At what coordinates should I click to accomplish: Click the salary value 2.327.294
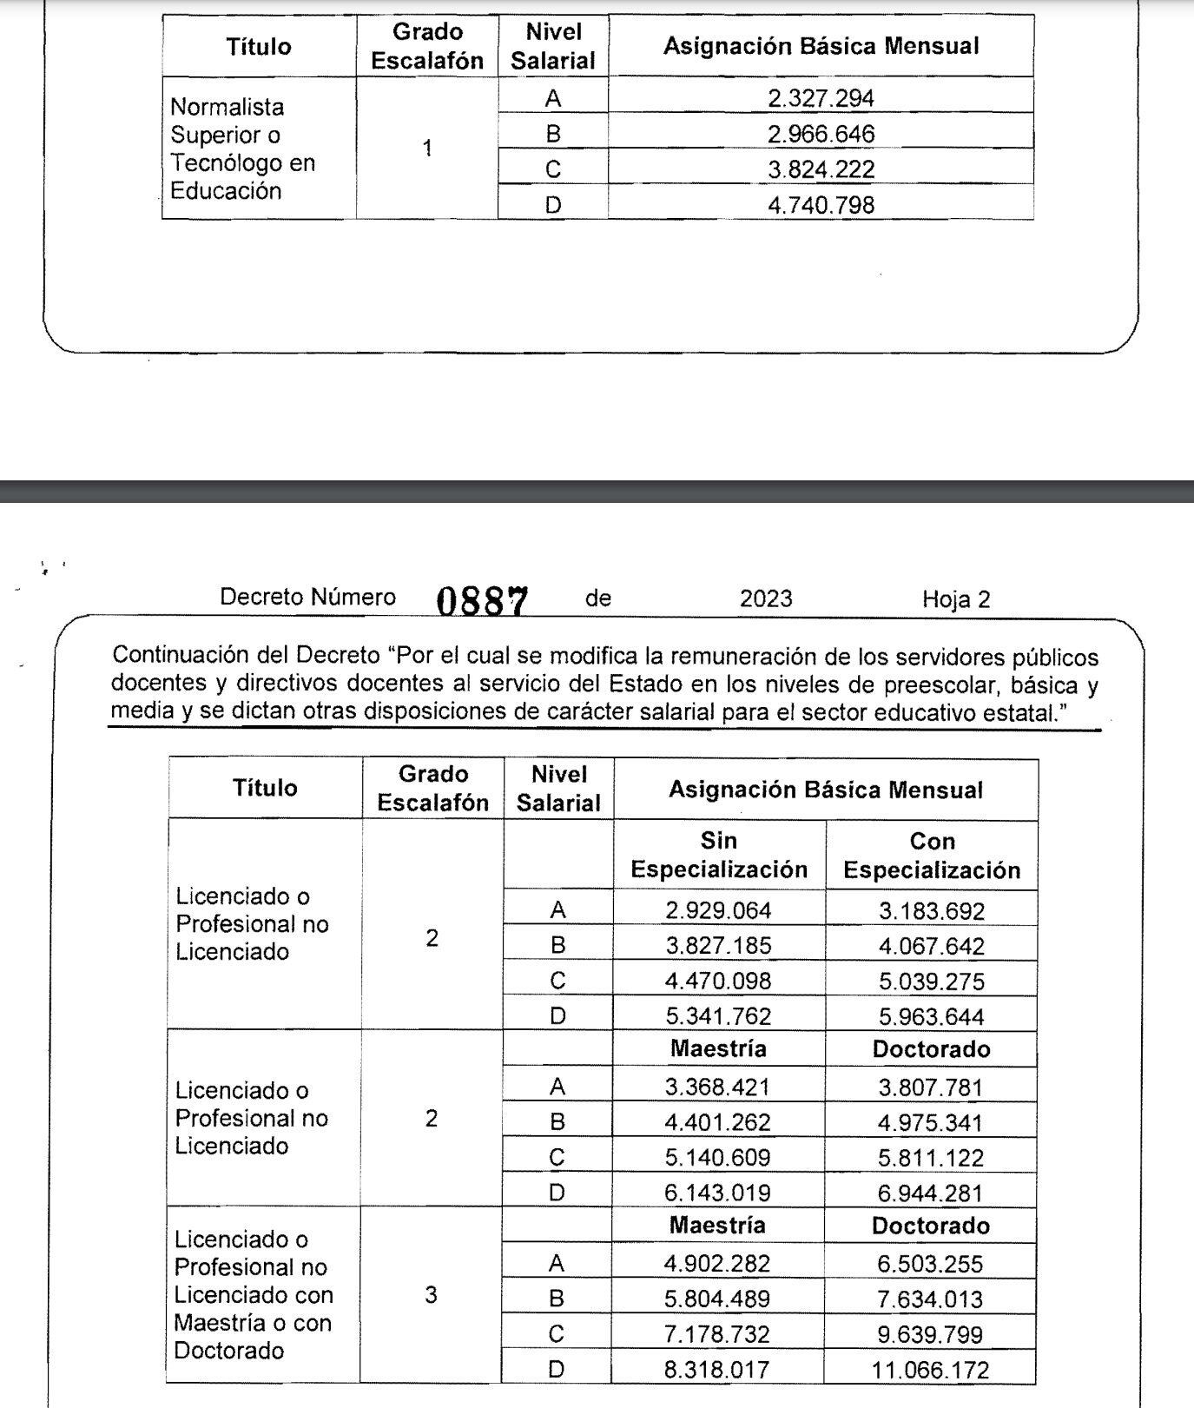821,97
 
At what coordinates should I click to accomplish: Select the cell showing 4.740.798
821,205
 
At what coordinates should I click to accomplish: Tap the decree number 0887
482,599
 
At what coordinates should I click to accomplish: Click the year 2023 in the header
766,598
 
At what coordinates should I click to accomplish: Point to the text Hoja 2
956,599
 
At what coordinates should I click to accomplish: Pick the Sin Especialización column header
719,856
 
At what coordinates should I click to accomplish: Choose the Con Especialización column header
932,856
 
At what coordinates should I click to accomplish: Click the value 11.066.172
931,1371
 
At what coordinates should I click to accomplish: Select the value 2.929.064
718,910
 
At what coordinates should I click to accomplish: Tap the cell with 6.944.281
931,1193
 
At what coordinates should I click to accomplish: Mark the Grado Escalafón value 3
431,1295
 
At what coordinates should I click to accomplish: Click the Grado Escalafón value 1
427,149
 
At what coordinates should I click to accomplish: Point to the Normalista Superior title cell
242,149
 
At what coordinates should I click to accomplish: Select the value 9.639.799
931,1335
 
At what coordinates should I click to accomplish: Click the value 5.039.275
931,982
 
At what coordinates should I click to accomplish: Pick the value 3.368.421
718,1087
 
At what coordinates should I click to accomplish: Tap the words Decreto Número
307,598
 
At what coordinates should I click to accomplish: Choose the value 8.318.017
717,1371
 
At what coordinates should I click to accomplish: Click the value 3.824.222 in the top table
821,169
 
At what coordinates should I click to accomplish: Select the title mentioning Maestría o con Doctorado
253,1295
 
